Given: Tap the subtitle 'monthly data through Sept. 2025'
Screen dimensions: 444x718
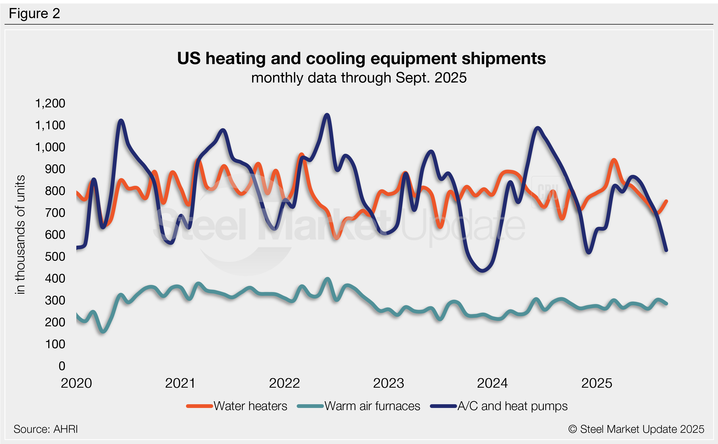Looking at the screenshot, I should (x=359, y=78).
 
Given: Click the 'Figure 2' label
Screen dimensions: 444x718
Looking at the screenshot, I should (x=34, y=14).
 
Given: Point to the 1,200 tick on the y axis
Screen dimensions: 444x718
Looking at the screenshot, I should (x=50, y=103).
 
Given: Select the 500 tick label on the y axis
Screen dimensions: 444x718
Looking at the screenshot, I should (x=55, y=257).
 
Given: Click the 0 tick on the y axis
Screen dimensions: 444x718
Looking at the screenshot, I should (x=62, y=366).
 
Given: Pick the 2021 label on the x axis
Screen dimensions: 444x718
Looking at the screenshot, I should (x=180, y=383).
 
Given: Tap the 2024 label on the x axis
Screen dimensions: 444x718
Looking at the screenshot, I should (x=492, y=383).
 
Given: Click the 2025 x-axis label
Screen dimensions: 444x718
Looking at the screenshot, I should (x=597, y=383).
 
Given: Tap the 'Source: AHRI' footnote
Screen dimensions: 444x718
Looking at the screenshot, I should (x=46, y=429).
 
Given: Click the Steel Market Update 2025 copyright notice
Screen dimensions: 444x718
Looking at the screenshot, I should (x=636, y=429).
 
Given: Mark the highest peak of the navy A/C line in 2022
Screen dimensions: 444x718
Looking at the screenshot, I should (x=327, y=115).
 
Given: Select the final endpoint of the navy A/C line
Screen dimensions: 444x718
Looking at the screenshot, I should (x=666, y=250).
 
